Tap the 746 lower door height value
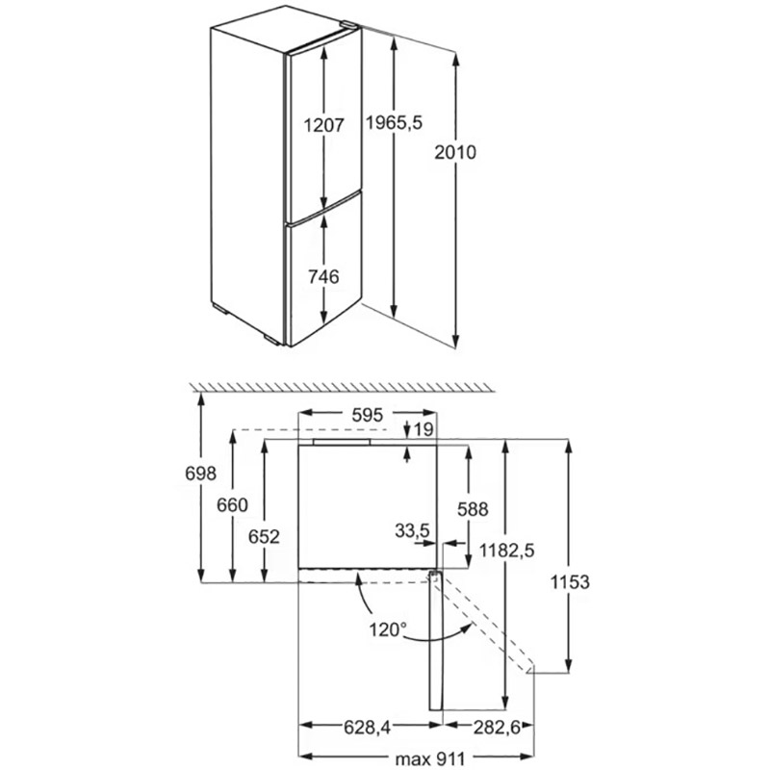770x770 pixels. [x=323, y=277]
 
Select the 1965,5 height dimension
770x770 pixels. [x=396, y=123]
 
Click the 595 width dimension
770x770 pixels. [x=368, y=415]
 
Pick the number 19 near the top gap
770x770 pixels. [x=424, y=428]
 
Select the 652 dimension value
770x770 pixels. [x=264, y=537]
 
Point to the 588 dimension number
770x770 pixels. [x=474, y=508]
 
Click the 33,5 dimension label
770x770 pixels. [x=412, y=529]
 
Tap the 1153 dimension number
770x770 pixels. [x=571, y=582]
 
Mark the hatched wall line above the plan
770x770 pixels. [x=342, y=385]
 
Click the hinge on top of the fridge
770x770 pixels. [x=347, y=28]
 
